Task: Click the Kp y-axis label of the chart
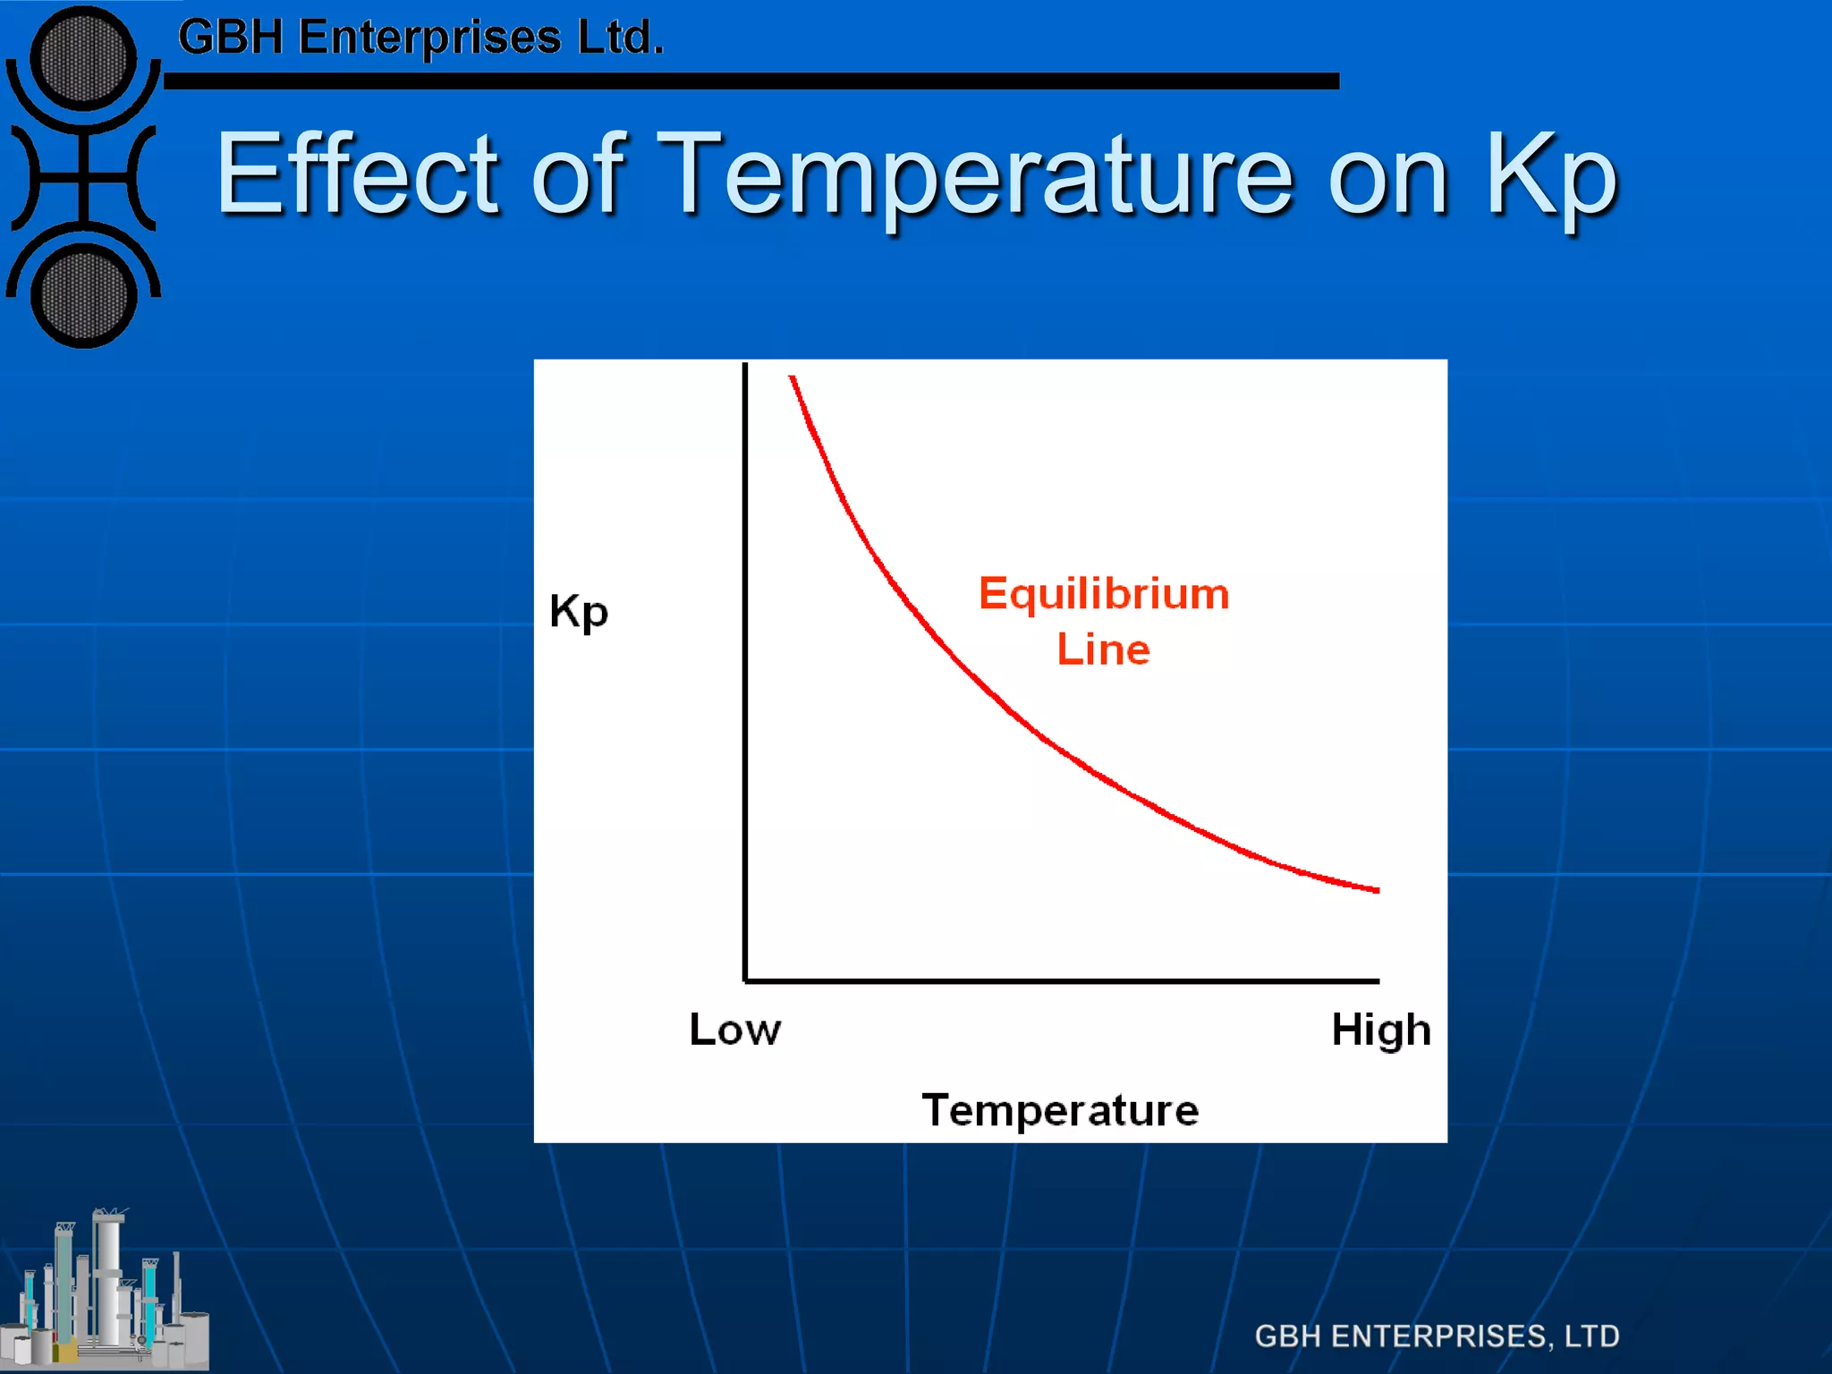point(579,612)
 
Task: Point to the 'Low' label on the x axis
point(734,1030)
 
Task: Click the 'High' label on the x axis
point(1380,1030)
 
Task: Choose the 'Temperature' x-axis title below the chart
point(1060,1110)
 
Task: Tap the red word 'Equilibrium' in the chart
point(1103,594)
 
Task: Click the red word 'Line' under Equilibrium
point(1103,649)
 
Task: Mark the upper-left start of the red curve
point(793,379)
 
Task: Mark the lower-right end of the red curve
point(1376,889)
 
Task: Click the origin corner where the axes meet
point(745,980)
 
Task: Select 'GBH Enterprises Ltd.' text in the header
point(420,38)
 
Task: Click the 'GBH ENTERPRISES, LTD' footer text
point(1436,1336)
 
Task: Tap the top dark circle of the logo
point(83,59)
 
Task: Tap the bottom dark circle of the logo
point(83,296)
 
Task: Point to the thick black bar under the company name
point(751,81)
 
